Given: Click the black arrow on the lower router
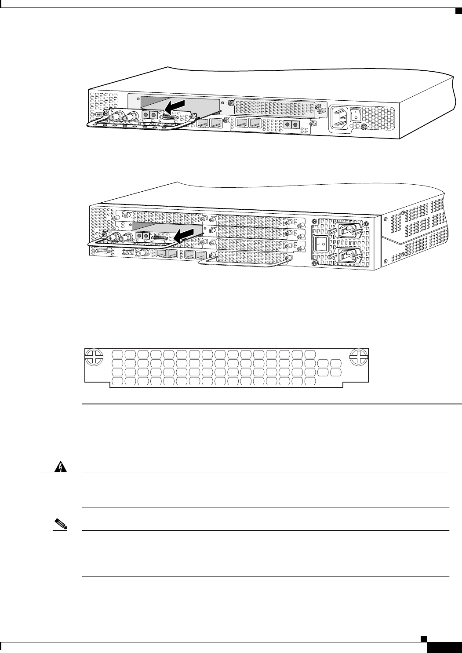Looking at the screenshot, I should (187, 236).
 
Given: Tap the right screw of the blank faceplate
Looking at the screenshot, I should (358, 357).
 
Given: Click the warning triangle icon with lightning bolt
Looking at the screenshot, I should (58, 469).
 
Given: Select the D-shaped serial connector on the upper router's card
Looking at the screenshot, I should (168, 118).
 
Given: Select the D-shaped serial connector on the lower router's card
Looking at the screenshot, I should (160, 237).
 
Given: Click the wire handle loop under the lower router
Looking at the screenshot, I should (240, 263).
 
